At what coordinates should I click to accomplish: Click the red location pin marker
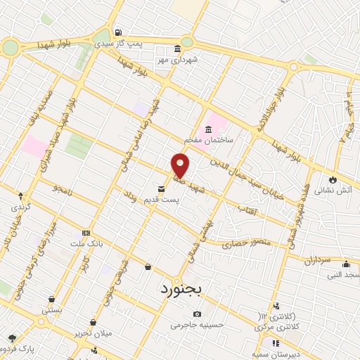coord(181,166)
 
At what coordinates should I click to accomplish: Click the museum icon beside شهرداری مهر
coord(176,49)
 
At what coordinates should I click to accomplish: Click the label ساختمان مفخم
coord(209,140)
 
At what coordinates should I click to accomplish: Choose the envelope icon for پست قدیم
coord(162,188)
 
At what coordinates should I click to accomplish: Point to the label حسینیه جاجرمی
coord(196,326)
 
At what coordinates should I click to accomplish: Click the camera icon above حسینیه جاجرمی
coord(197,314)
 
